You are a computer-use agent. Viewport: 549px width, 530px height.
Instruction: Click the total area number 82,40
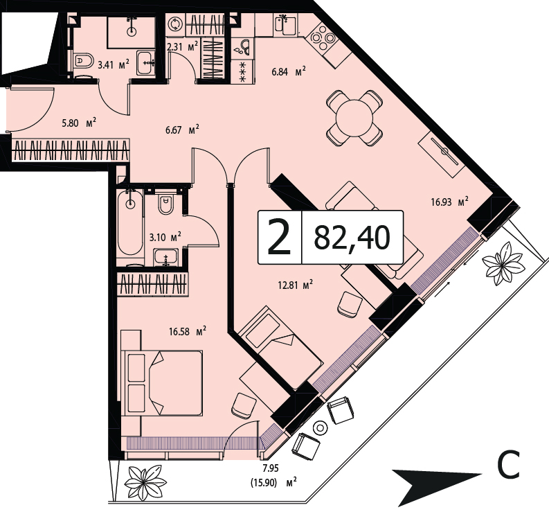point(352,237)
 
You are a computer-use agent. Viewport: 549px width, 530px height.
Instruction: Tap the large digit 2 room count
point(279,236)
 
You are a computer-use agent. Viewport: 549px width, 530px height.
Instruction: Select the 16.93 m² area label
point(449,202)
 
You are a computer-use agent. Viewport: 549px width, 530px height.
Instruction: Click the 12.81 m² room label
point(295,285)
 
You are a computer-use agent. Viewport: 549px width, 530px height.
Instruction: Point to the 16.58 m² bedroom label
point(188,331)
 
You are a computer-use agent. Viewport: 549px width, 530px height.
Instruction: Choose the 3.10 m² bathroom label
point(165,237)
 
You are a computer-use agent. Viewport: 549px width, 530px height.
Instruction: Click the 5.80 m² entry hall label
point(79,123)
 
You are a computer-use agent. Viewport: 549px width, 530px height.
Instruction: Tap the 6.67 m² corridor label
point(182,130)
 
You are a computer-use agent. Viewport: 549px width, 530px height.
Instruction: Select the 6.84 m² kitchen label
point(289,72)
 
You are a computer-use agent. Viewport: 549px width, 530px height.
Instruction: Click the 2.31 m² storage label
point(182,46)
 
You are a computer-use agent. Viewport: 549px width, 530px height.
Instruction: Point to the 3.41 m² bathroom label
point(114,65)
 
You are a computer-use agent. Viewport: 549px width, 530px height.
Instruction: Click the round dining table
point(354,118)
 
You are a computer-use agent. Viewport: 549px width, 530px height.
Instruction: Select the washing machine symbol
point(175,25)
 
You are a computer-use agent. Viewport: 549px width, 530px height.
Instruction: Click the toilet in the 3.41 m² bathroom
point(83,61)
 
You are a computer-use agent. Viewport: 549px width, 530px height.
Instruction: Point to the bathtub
point(130,222)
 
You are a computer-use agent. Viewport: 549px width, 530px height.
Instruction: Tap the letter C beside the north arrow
point(508,465)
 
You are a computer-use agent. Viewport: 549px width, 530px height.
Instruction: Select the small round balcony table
point(320,427)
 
